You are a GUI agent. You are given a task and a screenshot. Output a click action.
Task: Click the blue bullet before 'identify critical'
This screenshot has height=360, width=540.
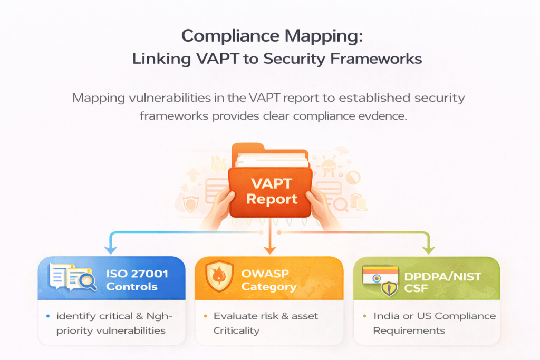tap(47, 316)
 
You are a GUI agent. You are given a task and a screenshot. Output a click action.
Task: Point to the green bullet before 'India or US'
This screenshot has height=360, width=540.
tap(364, 316)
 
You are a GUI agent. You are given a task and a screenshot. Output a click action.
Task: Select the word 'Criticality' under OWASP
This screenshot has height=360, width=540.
tap(237, 330)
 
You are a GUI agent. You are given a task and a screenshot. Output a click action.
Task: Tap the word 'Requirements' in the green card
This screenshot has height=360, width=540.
tap(409, 330)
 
